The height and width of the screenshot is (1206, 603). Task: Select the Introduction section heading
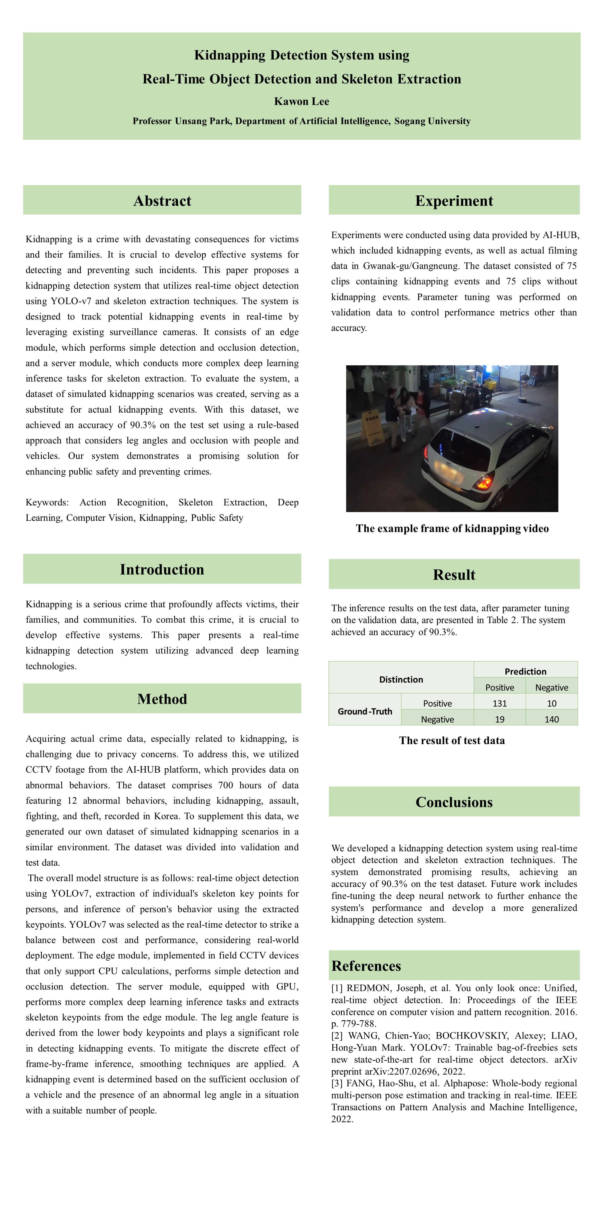point(162,569)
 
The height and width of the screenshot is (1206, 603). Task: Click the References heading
point(366,966)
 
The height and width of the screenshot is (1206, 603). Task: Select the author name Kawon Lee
point(301,102)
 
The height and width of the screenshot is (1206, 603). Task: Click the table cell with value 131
point(500,703)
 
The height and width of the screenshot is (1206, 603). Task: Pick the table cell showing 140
point(551,719)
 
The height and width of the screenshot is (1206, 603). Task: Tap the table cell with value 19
point(500,719)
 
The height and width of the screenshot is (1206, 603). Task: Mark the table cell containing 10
point(551,703)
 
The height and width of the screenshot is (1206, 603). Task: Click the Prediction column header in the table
point(525,671)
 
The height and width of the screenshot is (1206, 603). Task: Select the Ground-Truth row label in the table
point(365,711)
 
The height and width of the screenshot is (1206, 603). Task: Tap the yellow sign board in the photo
point(372,428)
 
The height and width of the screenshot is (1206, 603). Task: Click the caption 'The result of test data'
point(452,740)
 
